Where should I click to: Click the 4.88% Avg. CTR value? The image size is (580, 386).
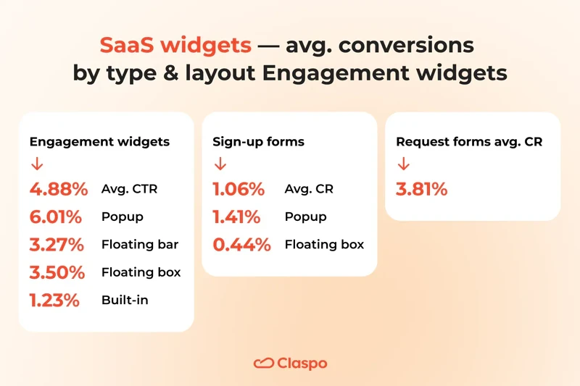[58, 190]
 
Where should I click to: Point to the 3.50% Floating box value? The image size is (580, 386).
[58, 272]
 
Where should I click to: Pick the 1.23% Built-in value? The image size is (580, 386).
[54, 300]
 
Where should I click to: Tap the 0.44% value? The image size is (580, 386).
[241, 245]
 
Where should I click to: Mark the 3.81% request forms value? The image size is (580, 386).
[421, 190]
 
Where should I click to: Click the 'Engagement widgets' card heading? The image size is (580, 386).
[99, 142]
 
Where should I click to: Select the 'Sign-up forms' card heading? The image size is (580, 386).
[258, 142]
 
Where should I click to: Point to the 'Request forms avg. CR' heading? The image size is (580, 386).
[468, 142]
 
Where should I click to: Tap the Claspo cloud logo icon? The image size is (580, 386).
[262, 363]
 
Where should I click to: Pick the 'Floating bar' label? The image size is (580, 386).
[140, 245]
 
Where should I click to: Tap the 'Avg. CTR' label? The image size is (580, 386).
[130, 190]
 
